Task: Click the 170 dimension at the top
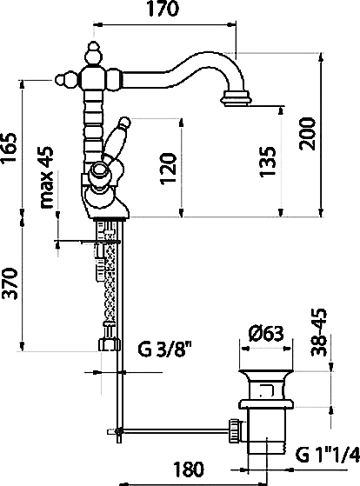[x=163, y=9]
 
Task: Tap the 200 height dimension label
[x=307, y=134]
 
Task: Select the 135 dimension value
[x=268, y=161]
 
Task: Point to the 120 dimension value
[x=169, y=169]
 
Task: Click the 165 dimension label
[x=9, y=148]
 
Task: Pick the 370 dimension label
[x=9, y=283]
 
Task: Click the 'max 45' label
[x=46, y=177]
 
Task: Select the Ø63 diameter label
[x=266, y=333]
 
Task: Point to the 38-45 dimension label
[x=319, y=331]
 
